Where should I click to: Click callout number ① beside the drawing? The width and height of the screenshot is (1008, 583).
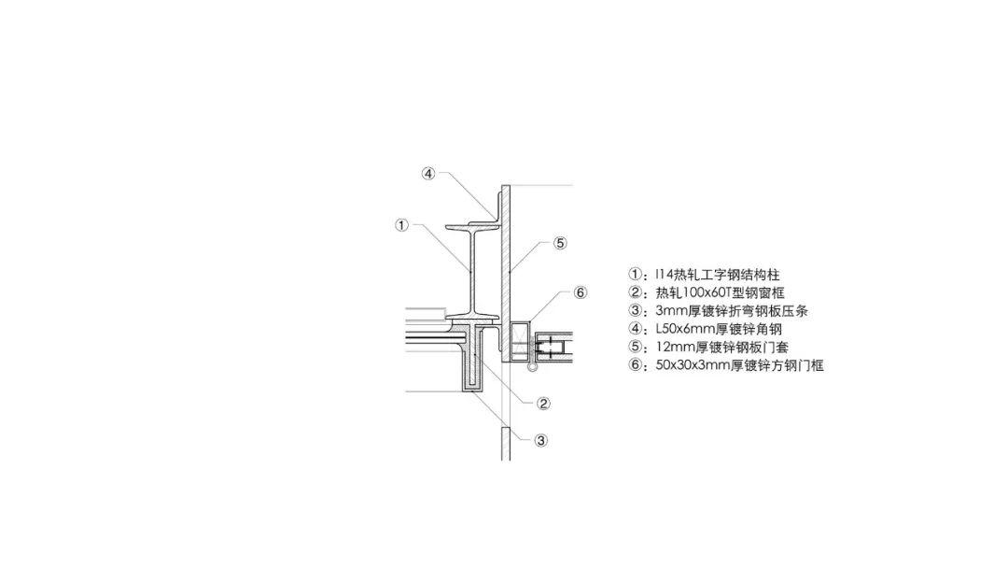(x=401, y=225)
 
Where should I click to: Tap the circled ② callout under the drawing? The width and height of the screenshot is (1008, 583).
(x=543, y=405)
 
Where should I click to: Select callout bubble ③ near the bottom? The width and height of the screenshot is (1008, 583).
(x=541, y=441)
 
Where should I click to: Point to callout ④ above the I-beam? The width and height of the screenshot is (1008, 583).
(x=428, y=174)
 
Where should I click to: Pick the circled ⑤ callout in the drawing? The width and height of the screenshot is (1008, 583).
(x=561, y=243)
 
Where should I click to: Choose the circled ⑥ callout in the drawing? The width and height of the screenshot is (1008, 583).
(x=580, y=293)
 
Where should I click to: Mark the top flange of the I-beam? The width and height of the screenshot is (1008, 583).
(x=472, y=227)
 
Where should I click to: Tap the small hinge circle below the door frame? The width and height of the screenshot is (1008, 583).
(x=532, y=367)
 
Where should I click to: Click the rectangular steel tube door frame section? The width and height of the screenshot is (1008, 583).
(x=520, y=341)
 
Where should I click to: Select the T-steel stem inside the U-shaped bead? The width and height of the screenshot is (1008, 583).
(x=474, y=355)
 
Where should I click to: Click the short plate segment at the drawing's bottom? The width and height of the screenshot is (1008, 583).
(x=506, y=444)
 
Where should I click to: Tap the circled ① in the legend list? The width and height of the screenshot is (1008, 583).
(x=636, y=275)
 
